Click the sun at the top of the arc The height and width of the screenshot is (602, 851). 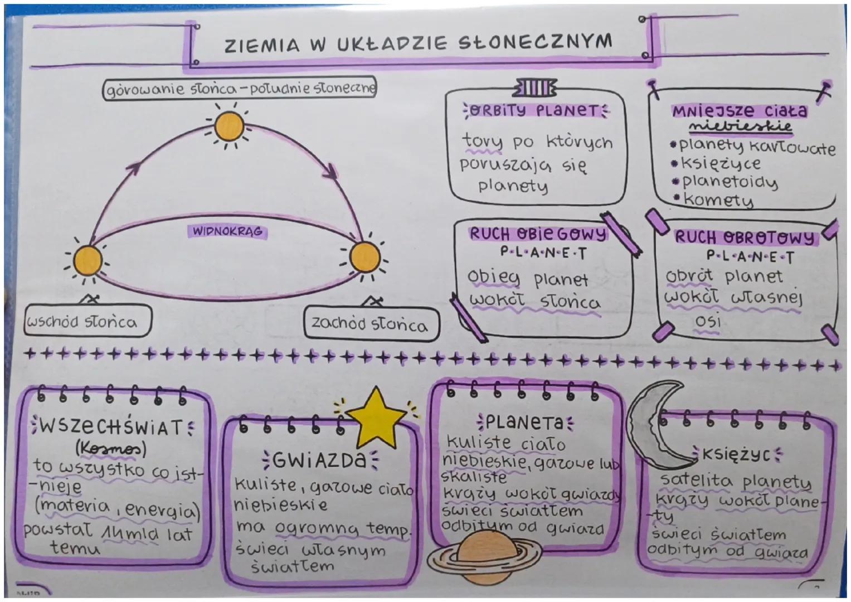click(x=228, y=127)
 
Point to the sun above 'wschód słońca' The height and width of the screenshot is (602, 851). click(x=88, y=260)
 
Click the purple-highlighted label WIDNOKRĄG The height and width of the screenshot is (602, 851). click(x=227, y=231)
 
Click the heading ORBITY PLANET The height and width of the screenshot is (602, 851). click(x=536, y=110)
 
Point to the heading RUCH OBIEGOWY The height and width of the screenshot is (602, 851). click(x=537, y=234)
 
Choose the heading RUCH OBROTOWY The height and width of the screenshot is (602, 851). click(x=745, y=238)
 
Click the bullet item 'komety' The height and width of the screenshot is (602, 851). click(x=718, y=200)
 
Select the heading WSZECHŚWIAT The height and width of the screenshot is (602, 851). click(x=111, y=428)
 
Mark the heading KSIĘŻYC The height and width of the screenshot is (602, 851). click(x=736, y=455)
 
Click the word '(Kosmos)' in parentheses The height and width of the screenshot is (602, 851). click(x=110, y=448)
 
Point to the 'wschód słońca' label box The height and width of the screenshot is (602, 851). click(x=87, y=322)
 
